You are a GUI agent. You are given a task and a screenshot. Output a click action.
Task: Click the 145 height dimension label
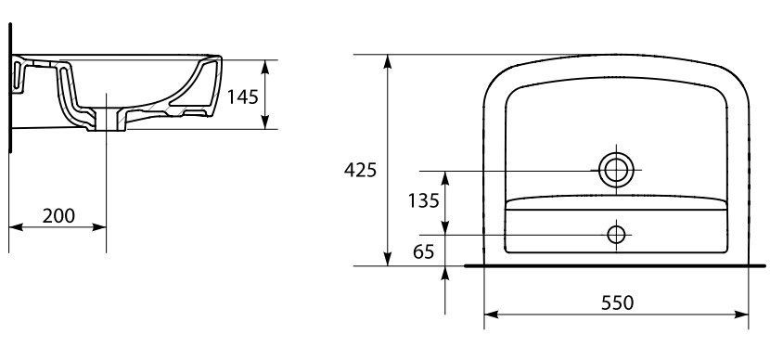pos(242,96)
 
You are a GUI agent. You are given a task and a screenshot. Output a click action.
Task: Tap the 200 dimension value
pos(58,215)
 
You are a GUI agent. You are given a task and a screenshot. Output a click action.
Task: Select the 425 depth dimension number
pos(360,170)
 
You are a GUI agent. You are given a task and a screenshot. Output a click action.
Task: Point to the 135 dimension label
pos(423,200)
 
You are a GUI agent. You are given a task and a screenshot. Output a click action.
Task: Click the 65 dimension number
pos(424,251)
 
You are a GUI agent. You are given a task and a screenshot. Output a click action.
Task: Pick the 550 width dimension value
pos(617,303)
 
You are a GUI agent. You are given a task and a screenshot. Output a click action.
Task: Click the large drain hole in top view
pos(616,170)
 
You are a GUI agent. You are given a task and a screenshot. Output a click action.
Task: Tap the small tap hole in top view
pos(616,235)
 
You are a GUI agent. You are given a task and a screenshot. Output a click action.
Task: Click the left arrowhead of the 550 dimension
pos(491,315)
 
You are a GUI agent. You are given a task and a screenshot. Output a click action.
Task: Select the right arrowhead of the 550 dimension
pos(741,315)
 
